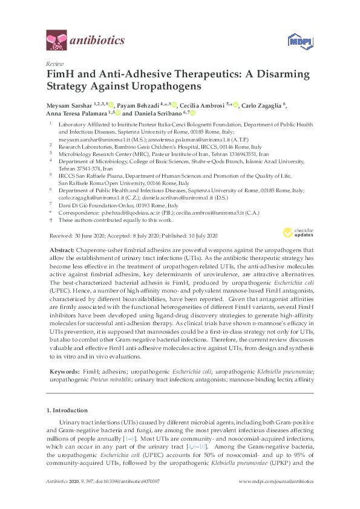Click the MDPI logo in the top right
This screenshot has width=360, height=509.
(299, 41)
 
